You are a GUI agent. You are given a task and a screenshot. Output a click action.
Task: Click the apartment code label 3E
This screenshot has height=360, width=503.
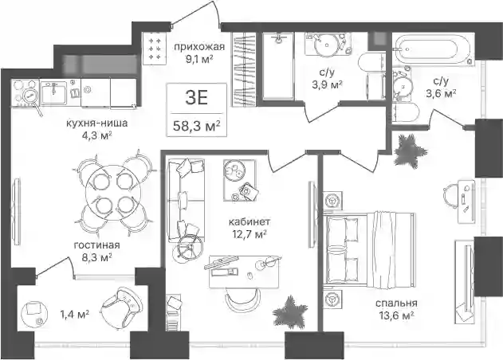(x=197, y=98)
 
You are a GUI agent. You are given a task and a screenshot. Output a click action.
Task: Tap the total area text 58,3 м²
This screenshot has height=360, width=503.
(x=197, y=126)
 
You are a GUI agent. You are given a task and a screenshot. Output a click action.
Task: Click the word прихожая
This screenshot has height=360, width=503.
(x=199, y=47)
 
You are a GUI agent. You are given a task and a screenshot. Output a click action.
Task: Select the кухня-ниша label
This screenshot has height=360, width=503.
(x=97, y=123)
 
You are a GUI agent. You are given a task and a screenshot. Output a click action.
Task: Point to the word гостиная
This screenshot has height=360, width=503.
(x=97, y=245)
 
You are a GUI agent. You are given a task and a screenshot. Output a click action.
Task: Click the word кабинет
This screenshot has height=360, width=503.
(x=250, y=221)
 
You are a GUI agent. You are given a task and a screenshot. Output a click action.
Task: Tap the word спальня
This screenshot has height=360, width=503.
(x=396, y=303)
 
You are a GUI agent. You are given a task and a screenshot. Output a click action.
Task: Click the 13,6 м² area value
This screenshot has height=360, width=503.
(x=396, y=315)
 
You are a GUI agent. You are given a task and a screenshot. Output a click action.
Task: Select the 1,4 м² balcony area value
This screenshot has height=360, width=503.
(x=75, y=315)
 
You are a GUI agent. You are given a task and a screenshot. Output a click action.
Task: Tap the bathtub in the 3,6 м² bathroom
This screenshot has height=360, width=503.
(x=433, y=51)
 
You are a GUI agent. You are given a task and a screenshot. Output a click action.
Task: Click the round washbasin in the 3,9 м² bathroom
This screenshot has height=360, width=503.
(x=326, y=44)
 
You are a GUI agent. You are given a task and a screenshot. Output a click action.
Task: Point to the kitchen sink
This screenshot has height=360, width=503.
(x=54, y=92)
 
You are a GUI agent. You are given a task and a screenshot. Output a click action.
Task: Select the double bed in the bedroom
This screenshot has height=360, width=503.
(x=370, y=248)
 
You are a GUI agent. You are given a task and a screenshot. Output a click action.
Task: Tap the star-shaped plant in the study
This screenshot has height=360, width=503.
(x=289, y=312)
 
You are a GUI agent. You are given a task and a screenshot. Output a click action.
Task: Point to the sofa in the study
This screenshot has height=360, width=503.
(x=187, y=201)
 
